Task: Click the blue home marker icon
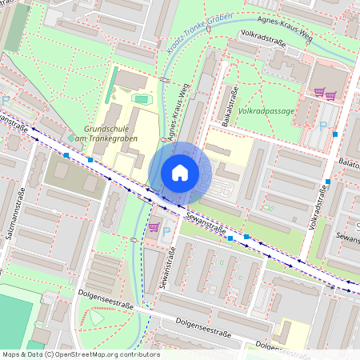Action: point(180,173)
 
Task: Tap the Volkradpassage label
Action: point(266,111)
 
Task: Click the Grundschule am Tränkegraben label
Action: point(111,133)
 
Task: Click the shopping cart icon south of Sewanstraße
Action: point(153,227)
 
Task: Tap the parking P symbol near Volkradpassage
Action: point(322,126)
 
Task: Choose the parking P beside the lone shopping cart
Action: point(166,231)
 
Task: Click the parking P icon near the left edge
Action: point(6,101)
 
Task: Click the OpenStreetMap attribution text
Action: point(81,354)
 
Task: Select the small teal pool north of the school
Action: point(142,99)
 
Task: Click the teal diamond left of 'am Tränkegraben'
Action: point(72,138)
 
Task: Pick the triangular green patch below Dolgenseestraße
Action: point(97,318)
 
